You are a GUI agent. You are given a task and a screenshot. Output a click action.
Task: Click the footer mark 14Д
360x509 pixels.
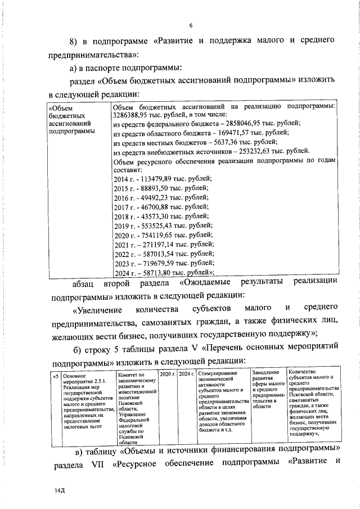click(54, 491)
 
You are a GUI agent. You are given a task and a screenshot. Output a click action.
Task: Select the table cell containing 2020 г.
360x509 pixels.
click(168, 374)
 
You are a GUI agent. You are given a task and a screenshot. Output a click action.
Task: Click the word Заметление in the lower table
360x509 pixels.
click(266, 372)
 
